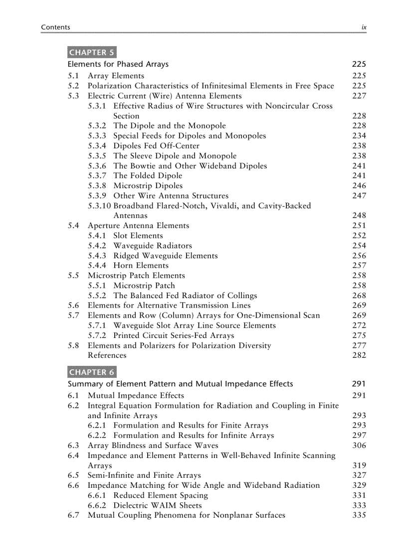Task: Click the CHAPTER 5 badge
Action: [92, 52]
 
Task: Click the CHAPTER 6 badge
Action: [92, 372]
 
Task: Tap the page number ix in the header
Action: [364, 27]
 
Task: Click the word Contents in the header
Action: [55, 27]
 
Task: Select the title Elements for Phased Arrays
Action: [118, 64]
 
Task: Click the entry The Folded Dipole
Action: [148, 176]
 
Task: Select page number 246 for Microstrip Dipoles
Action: [359, 186]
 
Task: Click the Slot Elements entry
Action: [138, 235]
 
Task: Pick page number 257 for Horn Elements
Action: [359, 265]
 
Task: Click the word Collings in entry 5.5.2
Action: [241, 296]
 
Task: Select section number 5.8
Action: [73, 345]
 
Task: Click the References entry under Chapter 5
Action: [107, 355]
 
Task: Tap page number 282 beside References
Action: [359, 355]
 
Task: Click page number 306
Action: [359, 446]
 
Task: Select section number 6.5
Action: [73, 475]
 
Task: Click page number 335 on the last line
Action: [359, 515]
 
